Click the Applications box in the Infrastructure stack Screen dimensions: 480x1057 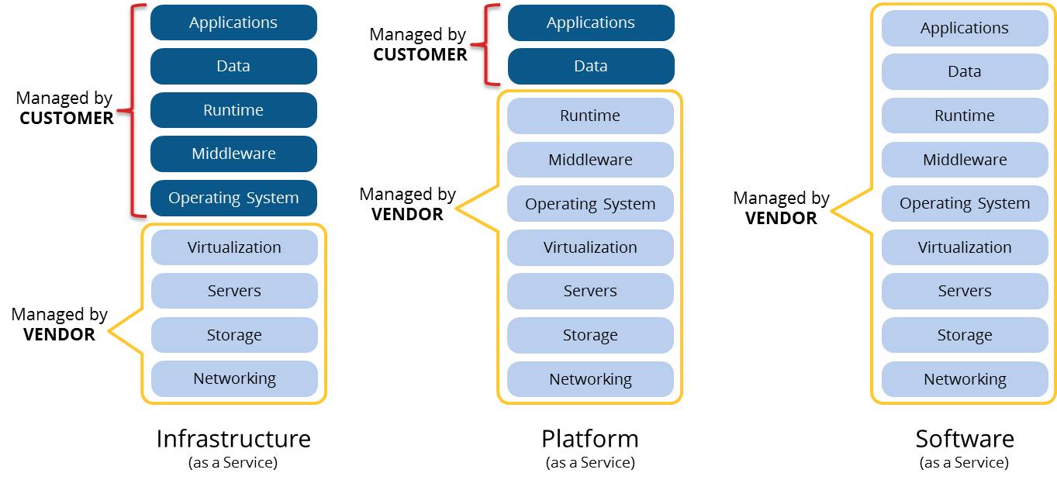tap(233, 22)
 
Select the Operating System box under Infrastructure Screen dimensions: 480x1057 tap(233, 198)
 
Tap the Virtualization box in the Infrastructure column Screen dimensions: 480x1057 tap(234, 247)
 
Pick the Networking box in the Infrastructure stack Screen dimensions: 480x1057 tap(234, 378)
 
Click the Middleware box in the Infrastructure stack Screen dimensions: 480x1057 tap(233, 154)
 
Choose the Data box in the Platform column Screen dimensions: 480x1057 tap(591, 66)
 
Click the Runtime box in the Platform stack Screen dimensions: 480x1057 tap(590, 116)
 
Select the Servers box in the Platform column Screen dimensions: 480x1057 tap(590, 291)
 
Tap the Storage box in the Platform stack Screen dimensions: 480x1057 tap(590, 335)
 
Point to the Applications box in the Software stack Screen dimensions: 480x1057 tap(965, 28)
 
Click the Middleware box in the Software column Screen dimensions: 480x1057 tap(965, 160)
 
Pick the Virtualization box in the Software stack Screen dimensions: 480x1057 tap(965, 247)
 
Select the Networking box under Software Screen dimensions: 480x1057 tap(965, 379)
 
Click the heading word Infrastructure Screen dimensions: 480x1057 tap(233, 439)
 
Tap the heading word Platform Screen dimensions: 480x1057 tap(590, 439)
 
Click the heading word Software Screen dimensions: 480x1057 tap(965, 439)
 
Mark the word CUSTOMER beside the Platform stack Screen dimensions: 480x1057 tap(420, 54)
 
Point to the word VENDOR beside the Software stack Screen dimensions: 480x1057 tap(781, 219)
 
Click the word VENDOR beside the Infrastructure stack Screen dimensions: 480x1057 tap(60, 334)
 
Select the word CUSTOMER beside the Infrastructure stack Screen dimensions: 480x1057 tap(67, 118)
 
